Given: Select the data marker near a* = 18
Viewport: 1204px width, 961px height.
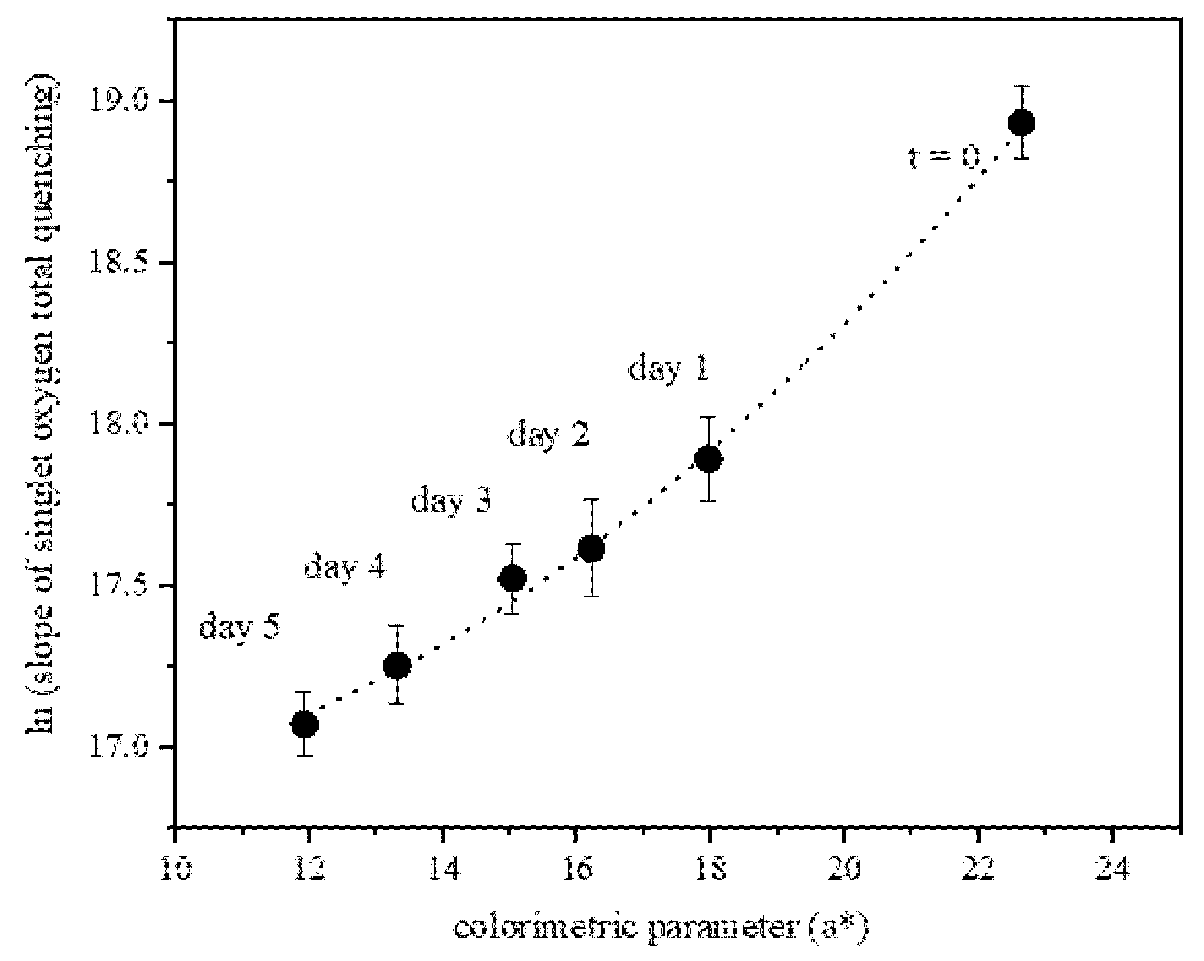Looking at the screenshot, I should point(708,459).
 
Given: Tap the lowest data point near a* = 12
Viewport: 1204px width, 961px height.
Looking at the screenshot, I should point(304,725).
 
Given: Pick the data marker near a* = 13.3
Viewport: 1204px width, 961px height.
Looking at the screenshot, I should point(397,665).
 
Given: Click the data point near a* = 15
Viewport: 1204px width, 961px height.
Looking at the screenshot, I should point(512,579).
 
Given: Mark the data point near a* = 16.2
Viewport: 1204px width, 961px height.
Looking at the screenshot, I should point(591,549).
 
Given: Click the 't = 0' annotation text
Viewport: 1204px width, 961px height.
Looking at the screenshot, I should point(943,158).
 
